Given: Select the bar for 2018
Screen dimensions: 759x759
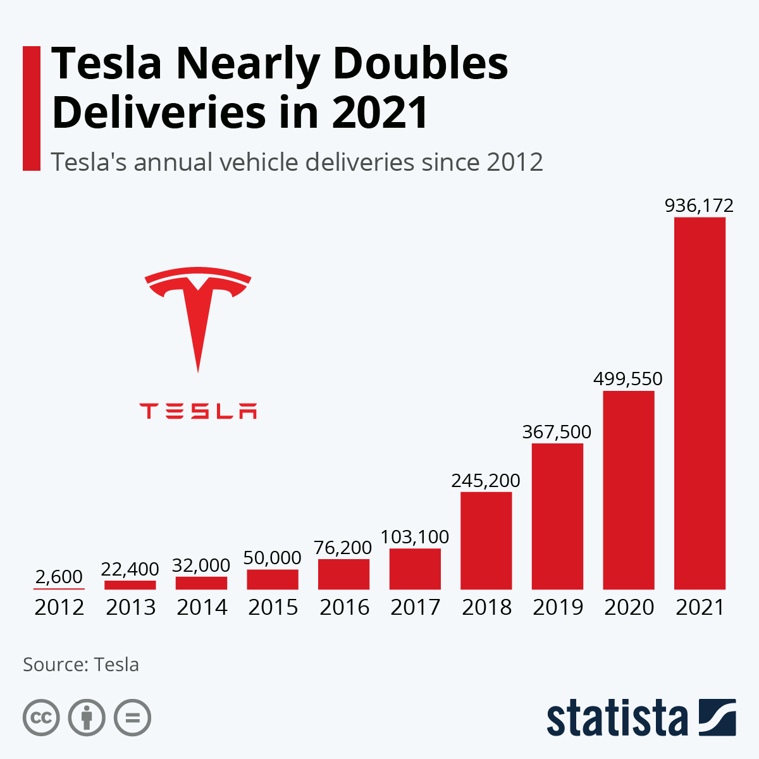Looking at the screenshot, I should tap(486, 541).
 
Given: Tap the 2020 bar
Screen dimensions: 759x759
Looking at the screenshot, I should tap(628, 490).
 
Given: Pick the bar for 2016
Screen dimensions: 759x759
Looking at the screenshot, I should tap(343, 574).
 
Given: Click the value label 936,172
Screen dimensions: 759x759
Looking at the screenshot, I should tap(699, 206).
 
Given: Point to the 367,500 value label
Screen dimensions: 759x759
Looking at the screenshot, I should tap(557, 432).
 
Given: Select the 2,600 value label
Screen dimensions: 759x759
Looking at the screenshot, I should tap(59, 577).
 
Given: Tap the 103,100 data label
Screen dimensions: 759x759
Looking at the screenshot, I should tap(415, 537).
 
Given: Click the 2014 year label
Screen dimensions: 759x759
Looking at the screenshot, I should tap(202, 607).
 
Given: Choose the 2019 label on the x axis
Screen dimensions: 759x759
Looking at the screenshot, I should tap(557, 607).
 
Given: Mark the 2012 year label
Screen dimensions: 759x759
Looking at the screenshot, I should tap(59, 607).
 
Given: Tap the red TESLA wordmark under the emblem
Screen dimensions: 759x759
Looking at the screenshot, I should tap(198, 411).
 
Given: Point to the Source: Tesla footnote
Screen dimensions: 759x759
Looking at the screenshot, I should tap(81, 665).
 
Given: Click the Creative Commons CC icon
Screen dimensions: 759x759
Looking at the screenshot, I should tap(41, 718).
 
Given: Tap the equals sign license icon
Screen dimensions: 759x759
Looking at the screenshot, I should tap(132, 718).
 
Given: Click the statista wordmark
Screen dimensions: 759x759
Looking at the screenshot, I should tap(617, 718).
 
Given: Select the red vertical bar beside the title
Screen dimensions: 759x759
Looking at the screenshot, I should tap(32, 108).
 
